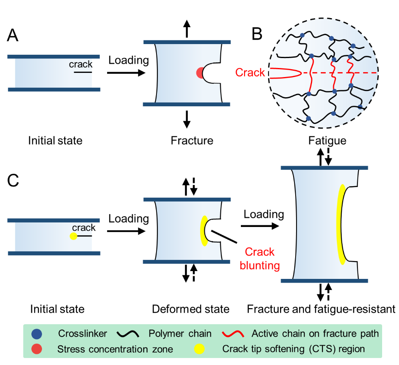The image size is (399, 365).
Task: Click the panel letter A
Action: [13, 37]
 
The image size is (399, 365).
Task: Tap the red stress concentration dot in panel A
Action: [199, 73]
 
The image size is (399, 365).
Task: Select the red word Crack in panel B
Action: [250, 73]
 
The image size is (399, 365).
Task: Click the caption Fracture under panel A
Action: [192, 141]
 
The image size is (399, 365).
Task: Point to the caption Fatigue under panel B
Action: [327, 141]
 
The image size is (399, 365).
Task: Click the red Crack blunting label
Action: [259, 258]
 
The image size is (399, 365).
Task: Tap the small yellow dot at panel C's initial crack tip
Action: [73, 236]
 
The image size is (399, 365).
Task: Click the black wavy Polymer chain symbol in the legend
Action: [130, 333]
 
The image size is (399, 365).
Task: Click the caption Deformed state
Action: [190, 309]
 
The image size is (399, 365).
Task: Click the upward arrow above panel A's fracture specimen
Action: [187, 30]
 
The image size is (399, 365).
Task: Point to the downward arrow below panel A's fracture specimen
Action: [187, 119]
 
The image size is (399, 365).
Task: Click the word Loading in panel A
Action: [128, 60]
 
